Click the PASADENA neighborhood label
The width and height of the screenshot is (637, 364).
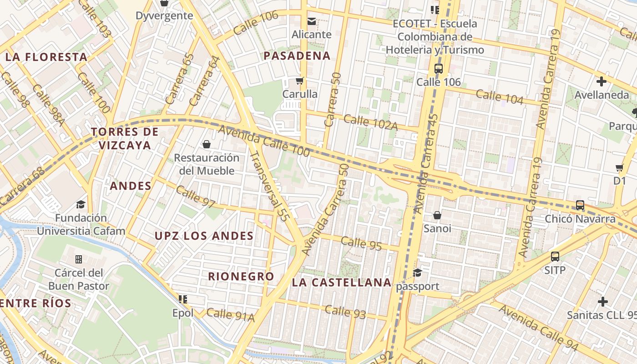297,56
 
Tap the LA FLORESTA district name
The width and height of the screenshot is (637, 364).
46,57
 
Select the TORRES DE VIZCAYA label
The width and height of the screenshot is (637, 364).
125,138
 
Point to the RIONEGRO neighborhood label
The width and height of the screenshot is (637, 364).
241,276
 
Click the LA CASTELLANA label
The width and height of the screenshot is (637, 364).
341,283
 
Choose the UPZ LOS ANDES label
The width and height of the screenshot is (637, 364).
204,236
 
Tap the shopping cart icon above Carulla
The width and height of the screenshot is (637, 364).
299,81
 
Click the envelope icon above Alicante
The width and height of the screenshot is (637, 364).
312,21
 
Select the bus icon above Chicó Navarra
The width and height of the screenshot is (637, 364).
580,205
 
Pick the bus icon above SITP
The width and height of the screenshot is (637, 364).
555,257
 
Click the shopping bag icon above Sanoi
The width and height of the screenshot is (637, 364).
437,215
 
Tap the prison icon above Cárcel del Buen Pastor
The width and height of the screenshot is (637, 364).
79,259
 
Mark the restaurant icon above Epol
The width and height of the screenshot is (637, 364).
183,299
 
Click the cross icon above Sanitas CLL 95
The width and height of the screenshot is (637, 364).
603,302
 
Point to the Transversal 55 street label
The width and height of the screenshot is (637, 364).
269,186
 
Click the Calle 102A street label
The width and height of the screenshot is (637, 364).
370,122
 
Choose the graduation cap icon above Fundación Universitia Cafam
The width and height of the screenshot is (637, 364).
81,204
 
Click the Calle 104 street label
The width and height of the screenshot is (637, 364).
500,96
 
